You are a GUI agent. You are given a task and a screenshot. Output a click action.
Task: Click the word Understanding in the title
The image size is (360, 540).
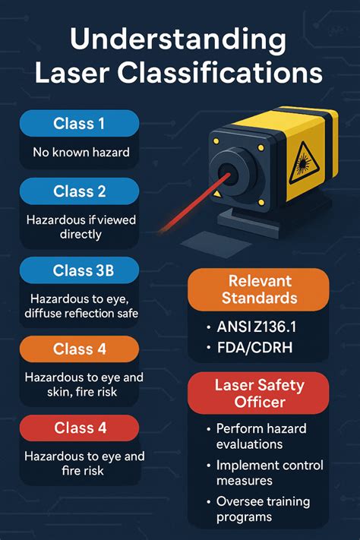pyautogui.click(x=179, y=37)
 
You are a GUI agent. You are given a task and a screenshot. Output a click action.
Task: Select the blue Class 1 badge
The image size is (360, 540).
pyautogui.click(x=79, y=123)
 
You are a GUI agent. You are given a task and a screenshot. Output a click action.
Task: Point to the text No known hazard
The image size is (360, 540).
pyautogui.click(x=81, y=152)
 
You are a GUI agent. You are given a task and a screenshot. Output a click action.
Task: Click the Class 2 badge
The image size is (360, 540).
pyautogui.click(x=79, y=191)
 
